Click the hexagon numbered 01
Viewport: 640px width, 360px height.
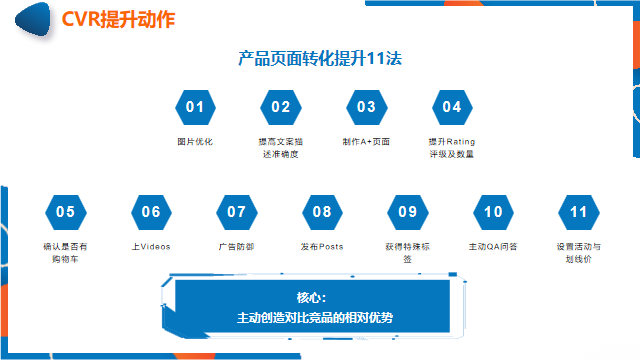pos(195,107)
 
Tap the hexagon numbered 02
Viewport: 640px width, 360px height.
pos(280,107)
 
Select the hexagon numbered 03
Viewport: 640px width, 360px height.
pos(366,107)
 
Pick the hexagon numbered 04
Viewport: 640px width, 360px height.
pos(452,107)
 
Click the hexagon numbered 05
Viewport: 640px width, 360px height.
pos(65,211)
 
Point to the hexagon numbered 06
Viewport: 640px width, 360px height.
pos(151,211)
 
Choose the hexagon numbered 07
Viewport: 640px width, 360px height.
pos(237,211)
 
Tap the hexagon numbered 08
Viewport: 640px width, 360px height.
pos(322,211)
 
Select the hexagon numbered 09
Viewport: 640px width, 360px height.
pos(408,211)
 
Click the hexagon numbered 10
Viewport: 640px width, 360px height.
pos(493,211)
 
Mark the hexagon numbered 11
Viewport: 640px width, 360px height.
pos(579,211)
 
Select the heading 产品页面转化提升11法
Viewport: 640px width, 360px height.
pos(320,58)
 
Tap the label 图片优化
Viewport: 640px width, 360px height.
pos(195,141)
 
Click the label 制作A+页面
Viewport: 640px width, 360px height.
pos(366,141)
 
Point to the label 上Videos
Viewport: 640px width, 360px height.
pos(151,246)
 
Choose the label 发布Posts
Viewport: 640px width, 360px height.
pos(322,246)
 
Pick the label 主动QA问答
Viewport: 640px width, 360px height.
pos(493,246)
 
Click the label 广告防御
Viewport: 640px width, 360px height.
pos(237,246)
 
